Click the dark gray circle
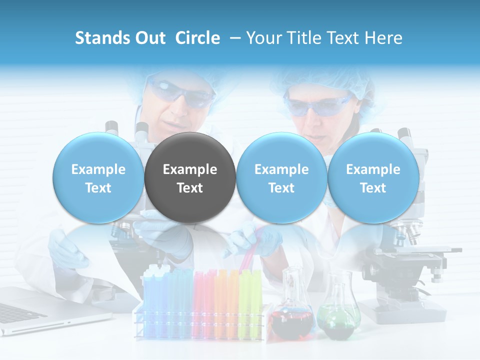click(x=190, y=177)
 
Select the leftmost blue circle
click(x=98, y=177)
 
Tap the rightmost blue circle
click(x=373, y=177)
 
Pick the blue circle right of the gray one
click(x=281, y=177)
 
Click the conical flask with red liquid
click(x=291, y=310)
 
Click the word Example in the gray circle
click(x=190, y=169)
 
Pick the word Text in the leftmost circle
click(x=98, y=188)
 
